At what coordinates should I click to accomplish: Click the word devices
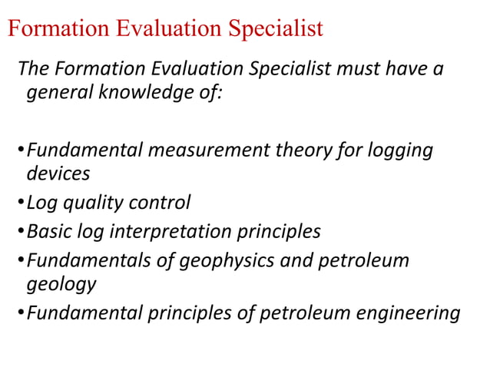58,174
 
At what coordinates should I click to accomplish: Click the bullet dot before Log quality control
21,204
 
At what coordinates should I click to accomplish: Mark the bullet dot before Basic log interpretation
21,232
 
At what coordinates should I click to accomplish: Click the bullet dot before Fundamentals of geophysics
21,261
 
